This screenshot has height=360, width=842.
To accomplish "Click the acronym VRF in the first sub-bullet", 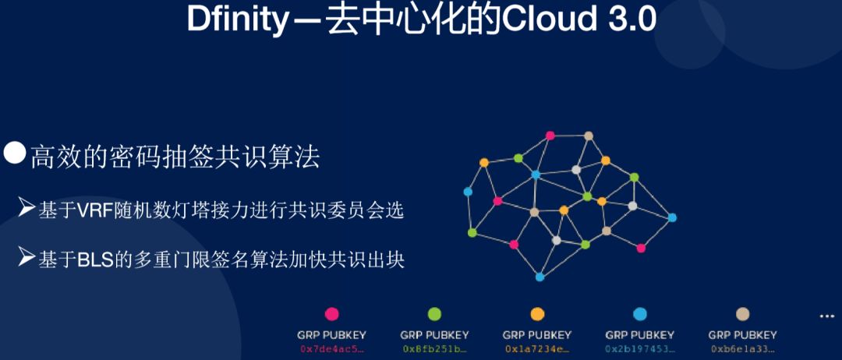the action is pyautogui.click(x=94, y=211).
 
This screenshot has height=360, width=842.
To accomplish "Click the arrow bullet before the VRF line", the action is pyautogui.click(x=27, y=209).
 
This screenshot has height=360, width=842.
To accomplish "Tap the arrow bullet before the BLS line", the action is pyautogui.click(x=27, y=257).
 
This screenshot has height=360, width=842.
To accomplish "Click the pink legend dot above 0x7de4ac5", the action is pyautogui.click(x=331, y=314).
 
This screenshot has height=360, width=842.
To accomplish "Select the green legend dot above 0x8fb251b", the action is pyautogui.click(x=434, y=314).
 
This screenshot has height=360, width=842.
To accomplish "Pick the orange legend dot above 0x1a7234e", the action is pyautogui.click(x=537, y=314).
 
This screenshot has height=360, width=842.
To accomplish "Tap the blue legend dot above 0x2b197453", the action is pyautogui.click(x=640, y=314).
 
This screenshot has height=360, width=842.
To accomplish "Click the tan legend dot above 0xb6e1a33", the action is pyautogui.click(x=743, y=314).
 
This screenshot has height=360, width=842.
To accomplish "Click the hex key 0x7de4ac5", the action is pyautogui.click(x=331, y=349).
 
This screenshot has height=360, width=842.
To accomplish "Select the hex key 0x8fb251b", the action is pyautogui.click(x=434, y=349).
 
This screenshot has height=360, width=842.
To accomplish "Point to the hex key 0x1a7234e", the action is pyautogui.click(x=537, y=349).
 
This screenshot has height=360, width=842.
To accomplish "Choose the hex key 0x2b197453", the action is pyautogui.click(x=640, y=349).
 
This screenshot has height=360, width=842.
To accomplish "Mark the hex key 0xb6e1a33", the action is pyautogui.click(x=743, y=349).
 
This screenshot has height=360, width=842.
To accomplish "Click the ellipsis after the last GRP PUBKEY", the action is pyautogui.click(x=826, y=316).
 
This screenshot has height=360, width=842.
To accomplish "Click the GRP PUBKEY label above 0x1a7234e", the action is pyautogui.click(x=537, y=335).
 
